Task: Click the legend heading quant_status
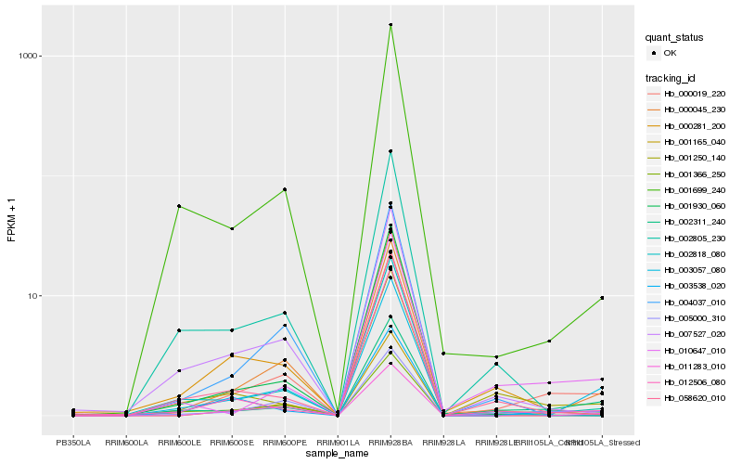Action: (x=675, y=37)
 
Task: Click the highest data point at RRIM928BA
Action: (x=390, y=25)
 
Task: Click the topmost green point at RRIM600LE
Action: (x=179, y=206)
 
